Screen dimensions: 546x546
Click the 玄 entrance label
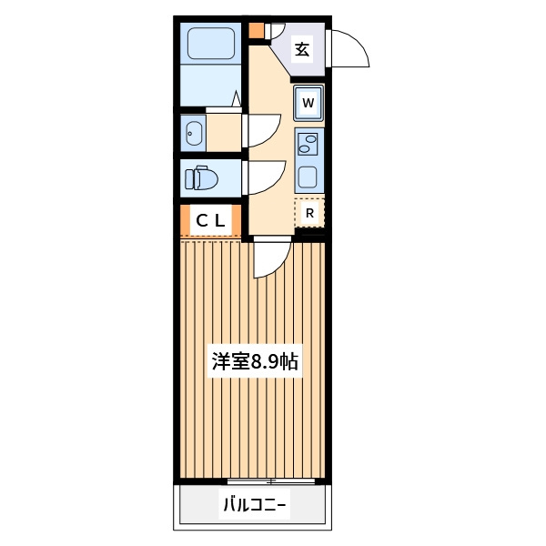click(x=302, y=49)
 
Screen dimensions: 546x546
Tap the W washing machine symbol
click(x=308, y=103)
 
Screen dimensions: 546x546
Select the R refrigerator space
click(x=309, y=212)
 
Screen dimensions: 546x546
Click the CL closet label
click(x=210, y=220)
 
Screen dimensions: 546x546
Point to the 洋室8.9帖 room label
click(x=255, y=361)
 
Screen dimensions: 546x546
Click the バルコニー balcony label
click(x=254, y=504)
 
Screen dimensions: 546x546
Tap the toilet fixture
click(x=201, y=178)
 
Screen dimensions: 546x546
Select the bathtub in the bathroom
click(x=211, y=44)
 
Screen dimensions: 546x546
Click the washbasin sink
click(x=194, y=134)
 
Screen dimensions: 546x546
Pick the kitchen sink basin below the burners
click(x=308, y=177)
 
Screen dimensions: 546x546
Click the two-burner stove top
click(x=308, y=143)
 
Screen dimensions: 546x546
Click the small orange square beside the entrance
click(x=257, y=31)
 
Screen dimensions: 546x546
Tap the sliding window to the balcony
click(x=271, y=481)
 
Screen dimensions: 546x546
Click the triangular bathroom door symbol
click(x=237, y=98)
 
